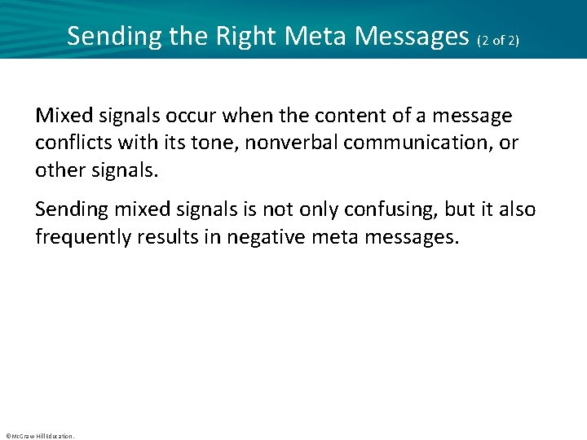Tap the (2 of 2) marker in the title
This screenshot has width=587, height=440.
tap(497, 38)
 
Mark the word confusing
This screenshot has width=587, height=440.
tap(380, 209)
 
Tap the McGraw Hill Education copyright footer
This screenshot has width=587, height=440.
tap(39, 436)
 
